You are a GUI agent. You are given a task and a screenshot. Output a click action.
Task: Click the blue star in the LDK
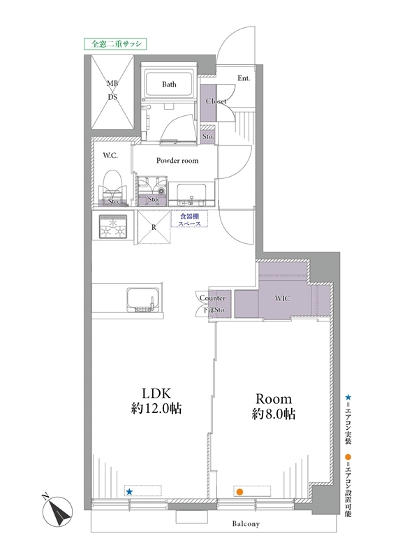point(129,492)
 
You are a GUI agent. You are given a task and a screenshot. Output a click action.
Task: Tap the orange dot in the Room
point(239,493)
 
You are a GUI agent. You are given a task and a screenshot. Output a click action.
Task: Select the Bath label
point(169,84)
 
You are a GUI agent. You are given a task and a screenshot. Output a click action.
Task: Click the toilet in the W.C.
point(113,187)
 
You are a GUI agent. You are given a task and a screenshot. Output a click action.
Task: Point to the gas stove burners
point(113,226)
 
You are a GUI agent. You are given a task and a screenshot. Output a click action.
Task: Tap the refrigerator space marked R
point(154,228)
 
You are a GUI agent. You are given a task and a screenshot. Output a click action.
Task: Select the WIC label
point(282,298)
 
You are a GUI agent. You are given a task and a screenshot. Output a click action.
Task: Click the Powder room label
point(177,161)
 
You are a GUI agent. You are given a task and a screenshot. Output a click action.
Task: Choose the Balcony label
point(246,523)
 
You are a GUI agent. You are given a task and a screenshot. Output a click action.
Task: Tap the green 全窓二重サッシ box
point(116,43)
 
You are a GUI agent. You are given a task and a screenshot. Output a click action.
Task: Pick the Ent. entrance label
point(244,78)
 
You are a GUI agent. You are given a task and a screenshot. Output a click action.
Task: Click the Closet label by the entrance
point(216,101)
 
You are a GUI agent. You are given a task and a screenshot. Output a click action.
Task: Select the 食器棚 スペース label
point(189,219)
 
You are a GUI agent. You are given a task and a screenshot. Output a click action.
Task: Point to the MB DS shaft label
point(112,90)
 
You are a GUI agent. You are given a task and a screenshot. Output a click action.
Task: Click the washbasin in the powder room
point(192,194)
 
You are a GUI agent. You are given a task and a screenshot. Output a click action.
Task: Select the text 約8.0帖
point(274,414)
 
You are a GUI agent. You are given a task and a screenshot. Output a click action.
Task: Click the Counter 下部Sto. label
point(214,304)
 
